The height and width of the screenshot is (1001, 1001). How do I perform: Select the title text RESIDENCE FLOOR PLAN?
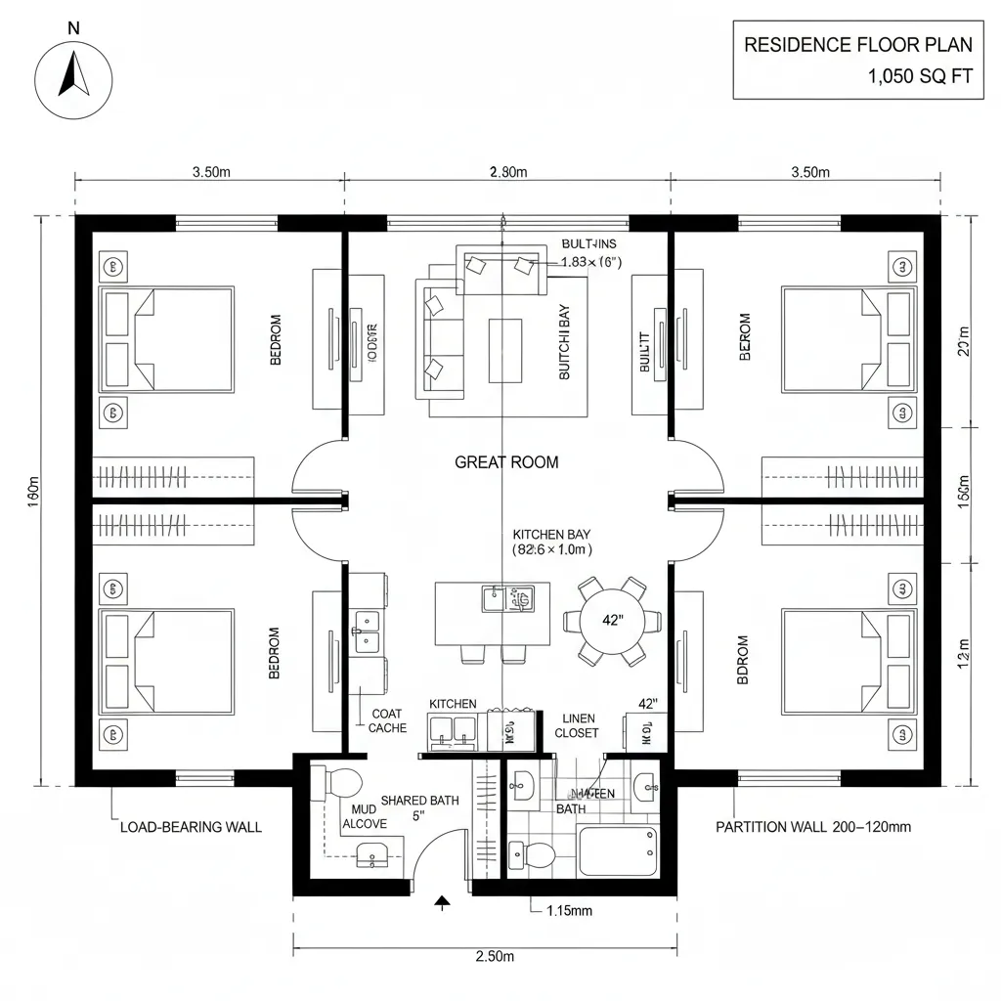click(858, 45)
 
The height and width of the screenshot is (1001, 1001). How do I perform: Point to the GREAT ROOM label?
click(506, 462)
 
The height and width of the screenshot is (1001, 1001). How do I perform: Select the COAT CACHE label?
click(388, 721)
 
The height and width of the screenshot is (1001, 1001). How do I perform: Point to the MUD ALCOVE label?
click(364, 817)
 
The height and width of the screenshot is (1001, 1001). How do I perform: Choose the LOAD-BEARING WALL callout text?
click(191, 827)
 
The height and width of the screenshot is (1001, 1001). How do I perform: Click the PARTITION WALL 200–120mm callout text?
click(813, 827)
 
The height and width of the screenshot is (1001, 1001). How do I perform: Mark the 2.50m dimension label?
click(495, 956)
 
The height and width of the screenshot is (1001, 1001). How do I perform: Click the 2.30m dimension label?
click(507, 173)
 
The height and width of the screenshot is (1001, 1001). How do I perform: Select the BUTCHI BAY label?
click(564, 348)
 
